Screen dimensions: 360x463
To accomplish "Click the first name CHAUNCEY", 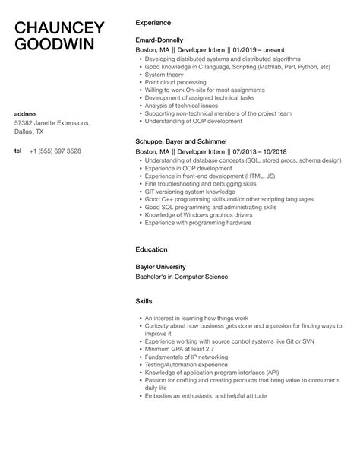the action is point(59,27).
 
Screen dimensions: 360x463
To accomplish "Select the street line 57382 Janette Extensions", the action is point(52,123).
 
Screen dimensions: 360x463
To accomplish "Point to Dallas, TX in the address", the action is point(31,132).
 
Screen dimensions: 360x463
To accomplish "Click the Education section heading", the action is point(151,249).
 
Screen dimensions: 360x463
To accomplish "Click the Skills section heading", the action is point(144,301).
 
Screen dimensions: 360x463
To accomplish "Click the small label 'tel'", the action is point(17,151).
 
